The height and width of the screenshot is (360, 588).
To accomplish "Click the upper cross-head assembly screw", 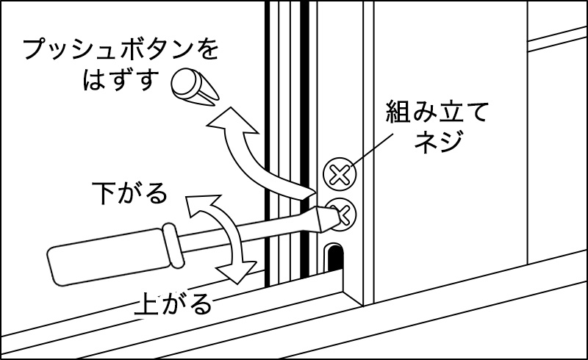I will point(339,175).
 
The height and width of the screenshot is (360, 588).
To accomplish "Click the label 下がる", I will point(129,194).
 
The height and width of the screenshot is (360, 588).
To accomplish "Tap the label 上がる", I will point(173,303).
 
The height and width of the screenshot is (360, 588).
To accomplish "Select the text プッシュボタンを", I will point(121,51).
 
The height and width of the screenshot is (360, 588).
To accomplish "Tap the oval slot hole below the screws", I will point(334,256).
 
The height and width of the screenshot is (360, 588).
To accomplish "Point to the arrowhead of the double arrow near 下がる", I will point(199,208).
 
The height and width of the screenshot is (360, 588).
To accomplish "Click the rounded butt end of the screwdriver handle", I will point(53,263).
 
